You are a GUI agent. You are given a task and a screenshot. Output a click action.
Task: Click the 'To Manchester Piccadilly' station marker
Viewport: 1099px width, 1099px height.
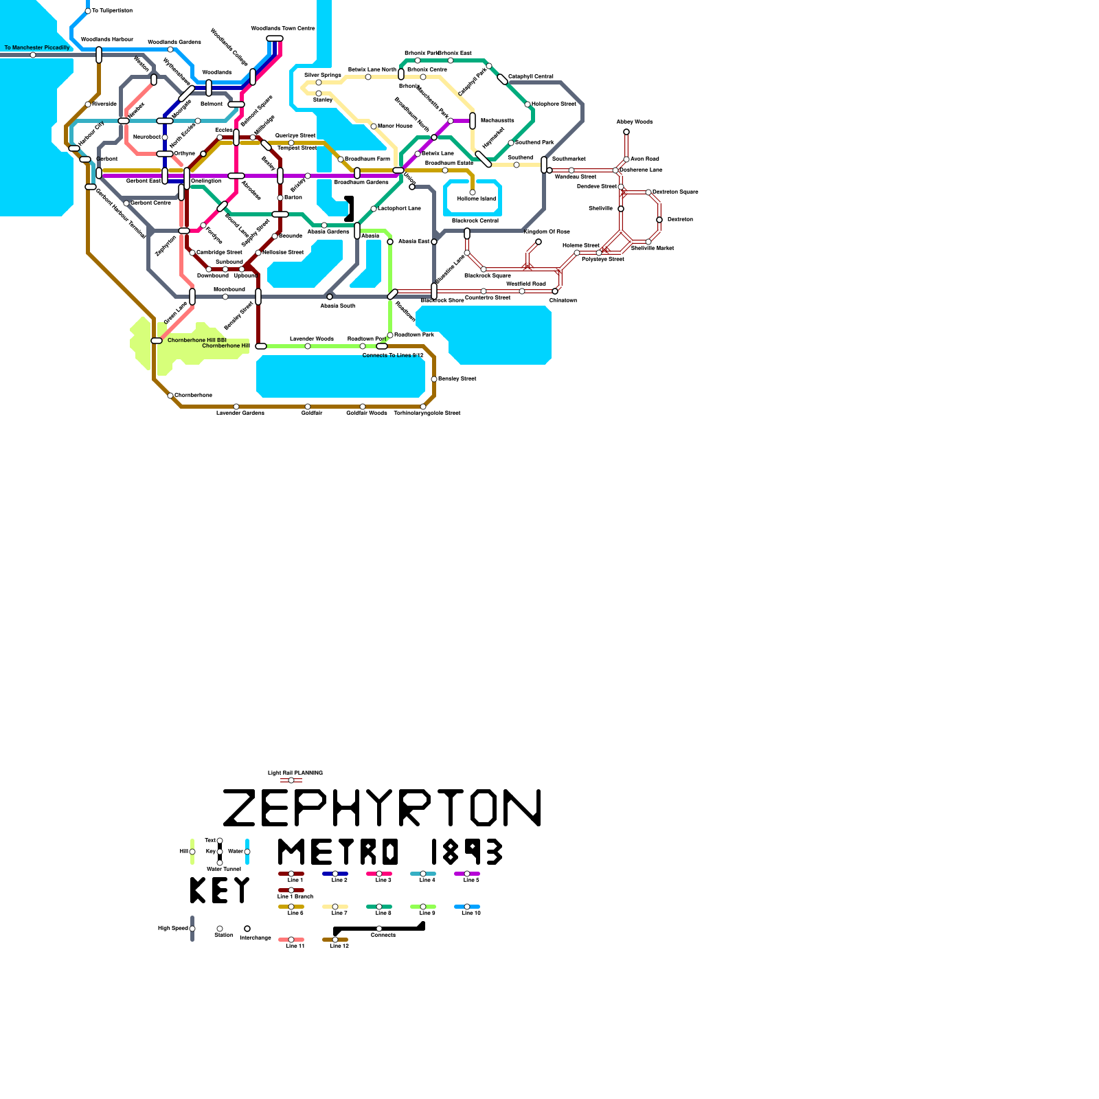coord(33,55)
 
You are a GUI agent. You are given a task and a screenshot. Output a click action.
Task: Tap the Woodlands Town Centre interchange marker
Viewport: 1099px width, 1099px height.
coord(275,38)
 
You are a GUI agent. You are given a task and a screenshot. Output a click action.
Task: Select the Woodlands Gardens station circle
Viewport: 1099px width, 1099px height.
coord(170,49)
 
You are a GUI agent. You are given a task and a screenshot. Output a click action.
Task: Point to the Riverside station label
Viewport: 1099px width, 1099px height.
coord(104,104)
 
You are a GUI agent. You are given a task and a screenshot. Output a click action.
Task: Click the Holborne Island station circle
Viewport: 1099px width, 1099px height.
coord(473,192)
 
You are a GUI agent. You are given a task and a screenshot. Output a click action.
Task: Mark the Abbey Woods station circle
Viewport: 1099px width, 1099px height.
coord(626,132)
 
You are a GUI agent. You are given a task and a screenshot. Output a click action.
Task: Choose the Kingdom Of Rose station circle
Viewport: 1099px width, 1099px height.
coord(539,242)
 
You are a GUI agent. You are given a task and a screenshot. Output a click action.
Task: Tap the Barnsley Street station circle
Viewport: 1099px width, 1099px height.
coord(434,379)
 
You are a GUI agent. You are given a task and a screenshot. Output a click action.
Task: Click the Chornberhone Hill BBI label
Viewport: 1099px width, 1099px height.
coord(197,340)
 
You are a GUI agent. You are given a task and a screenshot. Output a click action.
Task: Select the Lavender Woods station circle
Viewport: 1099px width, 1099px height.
coord(308,346)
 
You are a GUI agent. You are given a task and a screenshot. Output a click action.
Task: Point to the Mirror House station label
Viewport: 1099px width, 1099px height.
coord(395,126)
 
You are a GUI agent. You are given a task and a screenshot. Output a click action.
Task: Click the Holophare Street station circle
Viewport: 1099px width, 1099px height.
coord(528,104)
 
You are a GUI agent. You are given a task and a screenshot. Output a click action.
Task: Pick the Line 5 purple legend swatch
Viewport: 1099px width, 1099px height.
coord(467,874)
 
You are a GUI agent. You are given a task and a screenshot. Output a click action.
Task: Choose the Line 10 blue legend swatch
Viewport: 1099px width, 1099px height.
coord(467,907)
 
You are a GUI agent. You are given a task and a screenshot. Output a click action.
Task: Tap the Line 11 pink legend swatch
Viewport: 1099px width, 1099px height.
coord(291,940)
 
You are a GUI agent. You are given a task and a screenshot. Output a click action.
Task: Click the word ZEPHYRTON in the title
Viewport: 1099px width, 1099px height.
coord(382,808)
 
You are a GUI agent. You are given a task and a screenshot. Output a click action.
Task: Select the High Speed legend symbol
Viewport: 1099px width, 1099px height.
coord(192,929)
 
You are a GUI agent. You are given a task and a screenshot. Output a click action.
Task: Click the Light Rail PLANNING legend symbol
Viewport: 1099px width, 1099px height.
coord(291,780)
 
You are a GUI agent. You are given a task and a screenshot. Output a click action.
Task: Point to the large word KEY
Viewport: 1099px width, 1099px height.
coord(220,890)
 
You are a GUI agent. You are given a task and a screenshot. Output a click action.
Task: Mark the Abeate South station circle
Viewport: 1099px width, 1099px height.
coord(330,297)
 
